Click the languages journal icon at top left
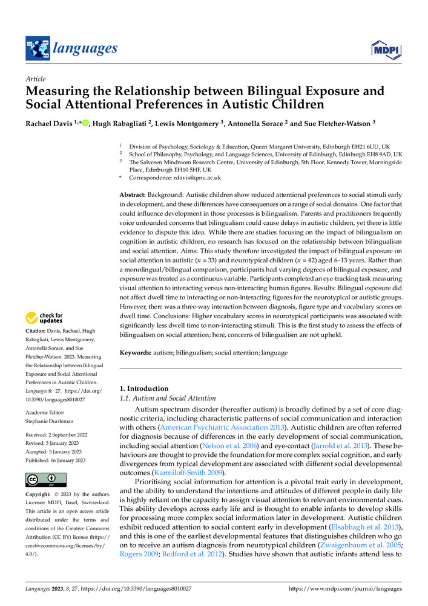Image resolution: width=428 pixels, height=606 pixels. click(38, 48)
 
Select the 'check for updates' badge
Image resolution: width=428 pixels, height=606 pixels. click(44, 318)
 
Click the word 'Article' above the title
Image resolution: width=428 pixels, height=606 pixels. click(35, 79)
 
